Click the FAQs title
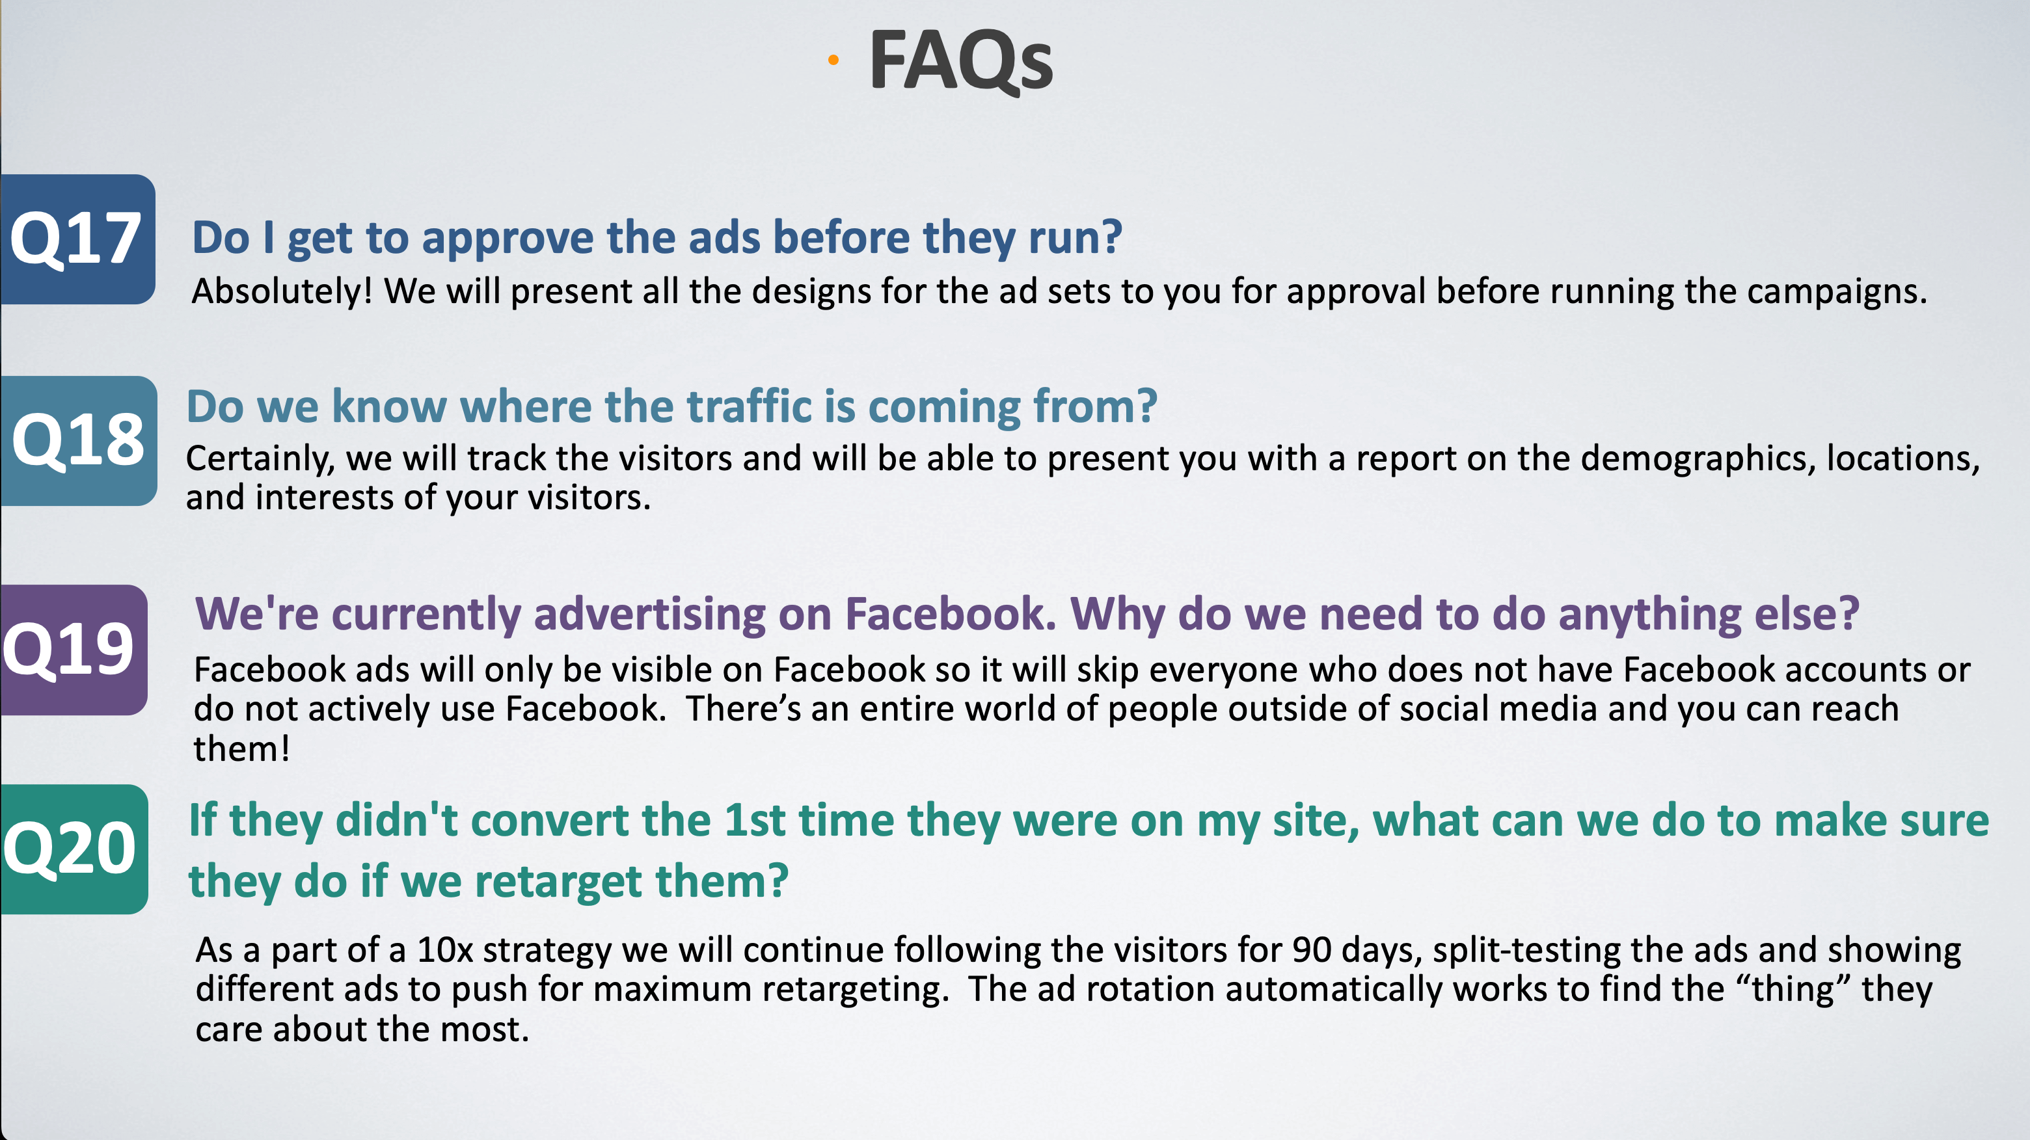tap(960, 61)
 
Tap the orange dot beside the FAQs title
tap(833, 60)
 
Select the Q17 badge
tap(77, 239)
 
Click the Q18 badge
tap(79, 440)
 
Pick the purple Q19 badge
tap(74, 650)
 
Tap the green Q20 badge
tap(74, 849)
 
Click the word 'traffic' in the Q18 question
tap(750, 406)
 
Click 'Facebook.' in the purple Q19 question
tap(951, 614)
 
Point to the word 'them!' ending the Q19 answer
tap(242, 749)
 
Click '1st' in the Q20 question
tap(754, 820)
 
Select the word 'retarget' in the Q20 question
tap(558, 882)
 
